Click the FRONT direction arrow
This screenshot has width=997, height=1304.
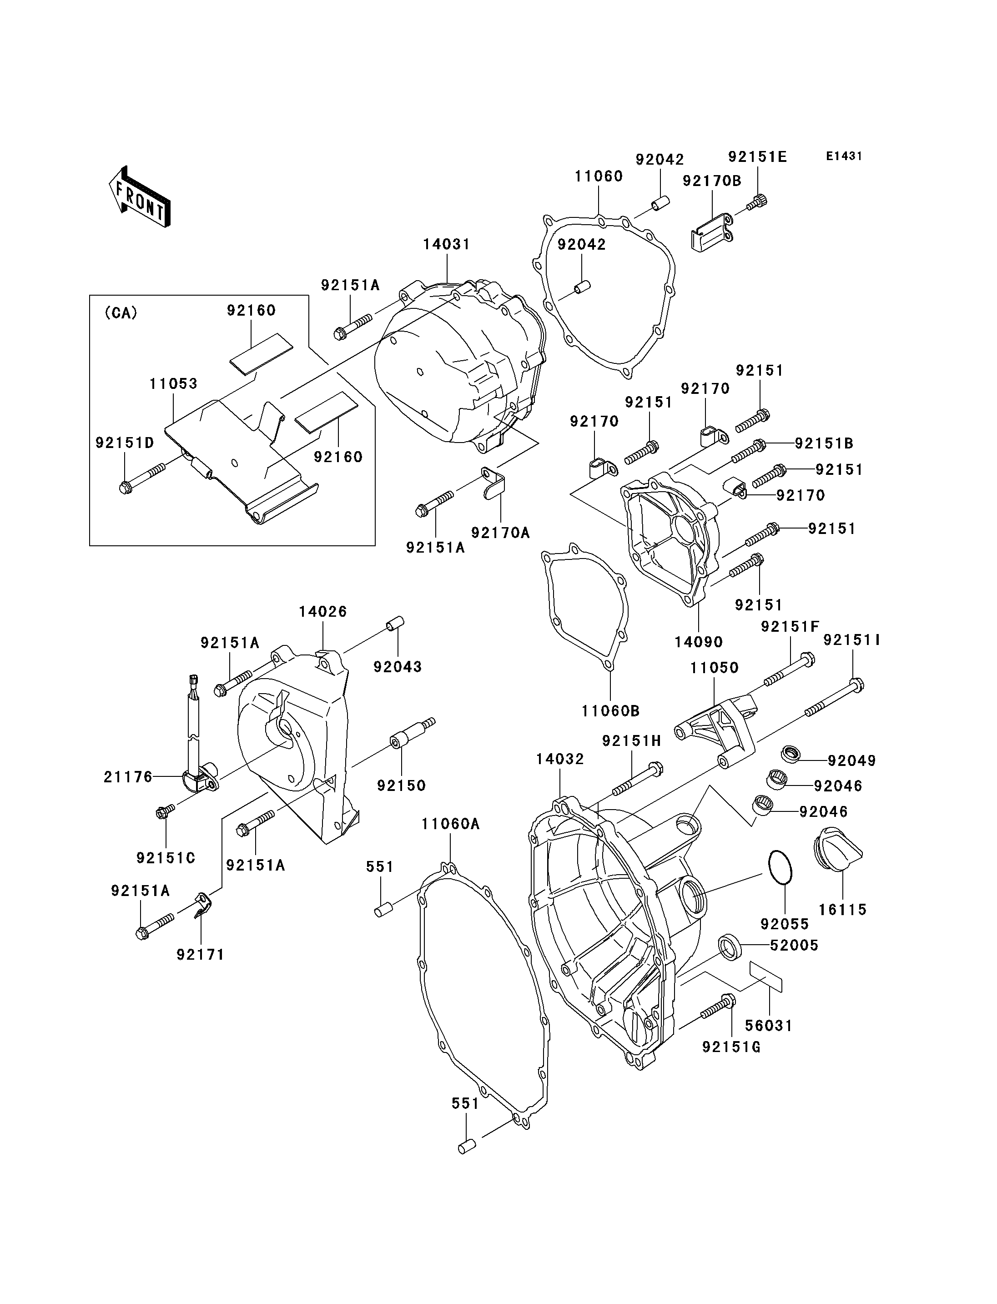[140, 196]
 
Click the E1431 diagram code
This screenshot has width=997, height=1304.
[844, 156]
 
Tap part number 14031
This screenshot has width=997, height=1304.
[446, 244]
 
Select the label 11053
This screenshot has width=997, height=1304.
[173, 383]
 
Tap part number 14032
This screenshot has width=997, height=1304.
[559, 759]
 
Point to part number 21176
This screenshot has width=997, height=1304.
[128, 777]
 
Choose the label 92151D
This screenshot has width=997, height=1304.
[125, 443]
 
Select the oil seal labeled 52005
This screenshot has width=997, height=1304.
[730, 946]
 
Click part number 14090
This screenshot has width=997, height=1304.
[699, 642]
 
